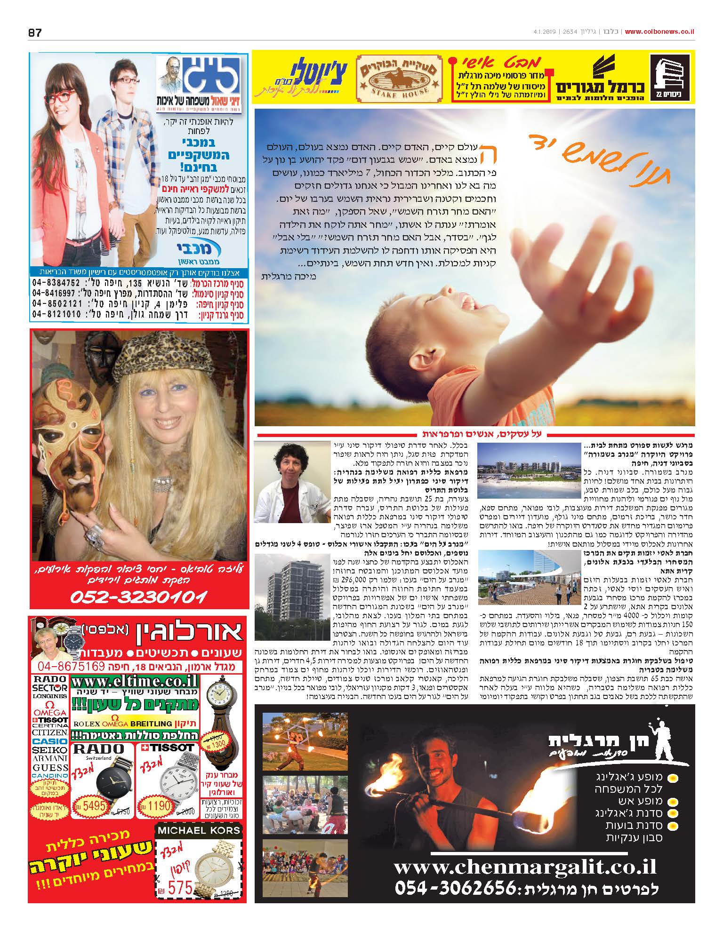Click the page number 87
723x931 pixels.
35,32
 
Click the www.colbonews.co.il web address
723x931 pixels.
659,32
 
